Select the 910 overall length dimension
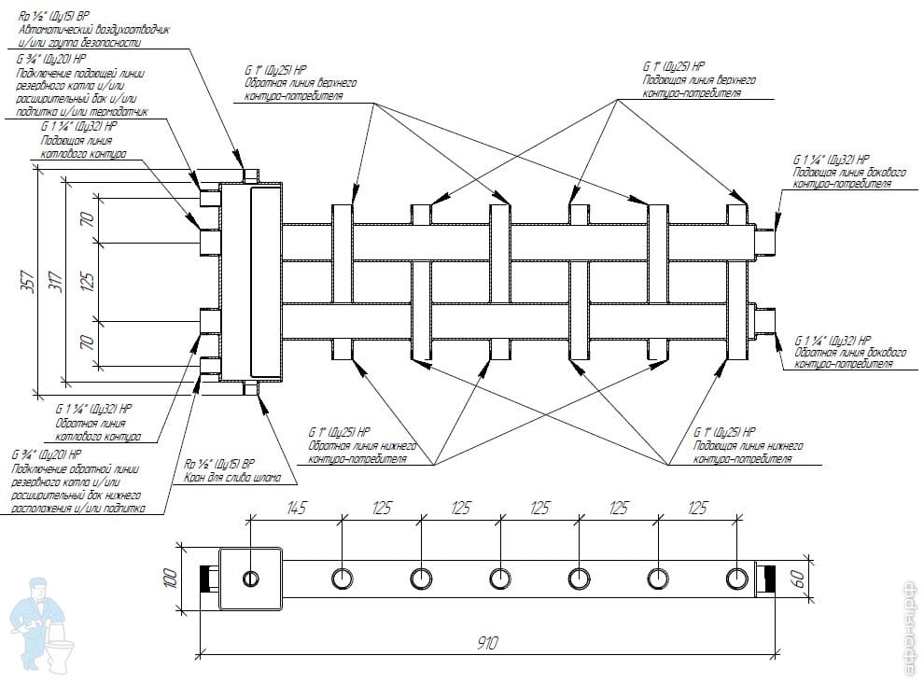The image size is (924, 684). [487, 643]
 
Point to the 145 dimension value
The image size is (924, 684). [297, 509]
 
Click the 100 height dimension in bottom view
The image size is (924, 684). [170, 578]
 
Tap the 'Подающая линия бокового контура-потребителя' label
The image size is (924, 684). [840, 177]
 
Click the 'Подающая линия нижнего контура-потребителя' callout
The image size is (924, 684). [747, 453]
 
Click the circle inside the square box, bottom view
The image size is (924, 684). [251, 579]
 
